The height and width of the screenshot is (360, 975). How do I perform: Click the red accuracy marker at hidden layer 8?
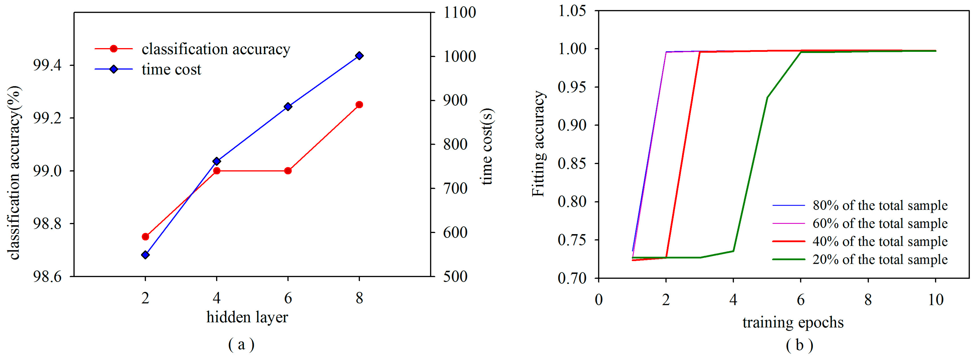coord(359,105)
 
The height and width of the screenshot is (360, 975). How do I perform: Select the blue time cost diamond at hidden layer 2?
coord(145,255)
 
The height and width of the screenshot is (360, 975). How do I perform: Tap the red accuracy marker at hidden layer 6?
coord(288,171)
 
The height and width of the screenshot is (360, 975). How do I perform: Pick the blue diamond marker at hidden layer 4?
coord(216,161)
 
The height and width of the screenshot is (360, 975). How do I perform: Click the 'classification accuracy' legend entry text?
coord(216,49)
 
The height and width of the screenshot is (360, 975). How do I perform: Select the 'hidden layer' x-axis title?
coord(247,317)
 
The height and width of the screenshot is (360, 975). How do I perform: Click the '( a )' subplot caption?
coord(241,345)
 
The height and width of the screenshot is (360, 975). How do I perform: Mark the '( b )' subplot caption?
coord(799,345)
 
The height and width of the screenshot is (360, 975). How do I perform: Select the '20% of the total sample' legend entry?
coord(880,260)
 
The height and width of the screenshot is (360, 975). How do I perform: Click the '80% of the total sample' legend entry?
coord(880,206)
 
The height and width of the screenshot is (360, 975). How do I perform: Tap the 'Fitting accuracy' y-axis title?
coord(538,144)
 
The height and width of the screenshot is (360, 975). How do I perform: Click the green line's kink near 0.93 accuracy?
coord(767,98)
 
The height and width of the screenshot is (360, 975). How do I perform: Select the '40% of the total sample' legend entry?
coord(880,242)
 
